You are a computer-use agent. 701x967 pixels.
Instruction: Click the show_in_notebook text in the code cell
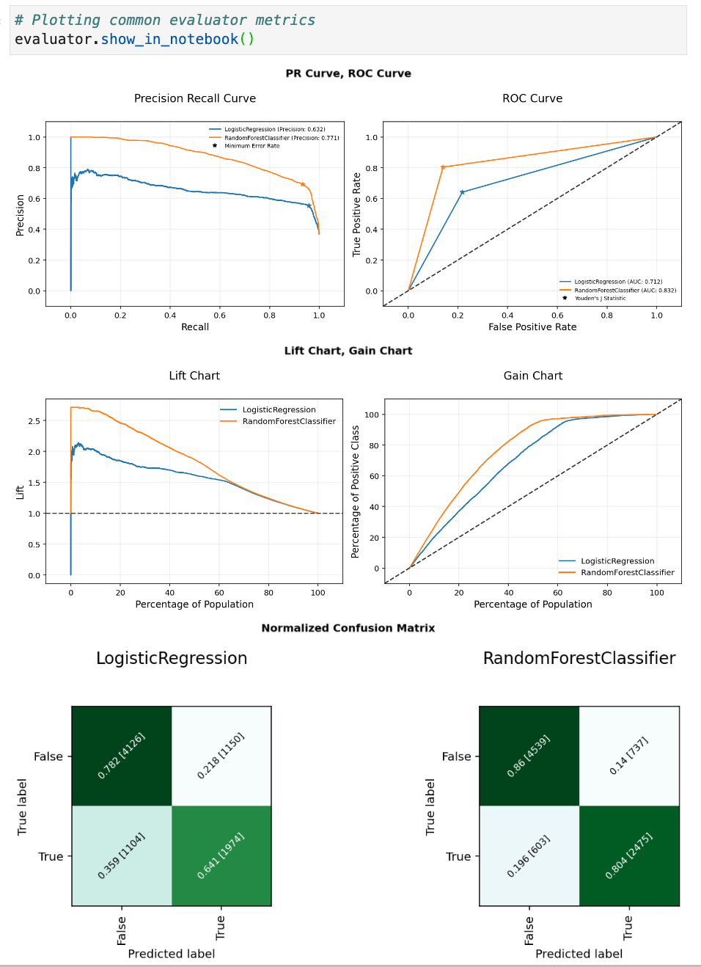(x=169, y=40)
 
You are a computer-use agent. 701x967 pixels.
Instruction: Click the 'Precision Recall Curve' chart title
(x=195, y=98)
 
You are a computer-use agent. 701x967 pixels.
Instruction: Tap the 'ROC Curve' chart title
(x=532, y=98)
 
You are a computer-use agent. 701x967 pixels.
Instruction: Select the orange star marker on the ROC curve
(x=443, y=167)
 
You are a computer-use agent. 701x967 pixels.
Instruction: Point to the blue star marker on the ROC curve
(x=462, y=192)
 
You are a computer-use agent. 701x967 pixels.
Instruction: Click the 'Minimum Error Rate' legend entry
(x=252, y=146)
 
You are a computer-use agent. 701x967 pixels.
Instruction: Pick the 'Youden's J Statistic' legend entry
(x=600, y=299)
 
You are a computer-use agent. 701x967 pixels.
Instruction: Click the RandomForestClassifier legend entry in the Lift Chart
(x=288, y=421)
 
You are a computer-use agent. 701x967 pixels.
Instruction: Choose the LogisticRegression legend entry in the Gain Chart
(x=617, y=561)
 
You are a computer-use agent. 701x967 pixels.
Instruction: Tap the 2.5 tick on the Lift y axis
(x=34, y=421)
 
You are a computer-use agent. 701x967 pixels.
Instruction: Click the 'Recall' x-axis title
(x=195, y=327)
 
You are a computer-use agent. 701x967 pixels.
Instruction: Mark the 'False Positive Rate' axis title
(x=532, y=327)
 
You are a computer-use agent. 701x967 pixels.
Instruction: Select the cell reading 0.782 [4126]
(x=122, y=756)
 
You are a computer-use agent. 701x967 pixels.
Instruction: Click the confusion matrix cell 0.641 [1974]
(x=221, y=856)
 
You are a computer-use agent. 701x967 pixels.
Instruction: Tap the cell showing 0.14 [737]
(x=629, y=756)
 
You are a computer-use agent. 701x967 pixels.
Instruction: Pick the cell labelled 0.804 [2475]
(x=629, y=856)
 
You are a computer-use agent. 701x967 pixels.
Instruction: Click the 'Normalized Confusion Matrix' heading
(x=348, y=628)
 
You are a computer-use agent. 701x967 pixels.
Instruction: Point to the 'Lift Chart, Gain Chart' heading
(x=348, y=351)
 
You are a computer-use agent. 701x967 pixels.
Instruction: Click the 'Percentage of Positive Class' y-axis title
(x=356, y=492)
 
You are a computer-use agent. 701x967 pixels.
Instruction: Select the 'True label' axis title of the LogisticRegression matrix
(x=22, y=807)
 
